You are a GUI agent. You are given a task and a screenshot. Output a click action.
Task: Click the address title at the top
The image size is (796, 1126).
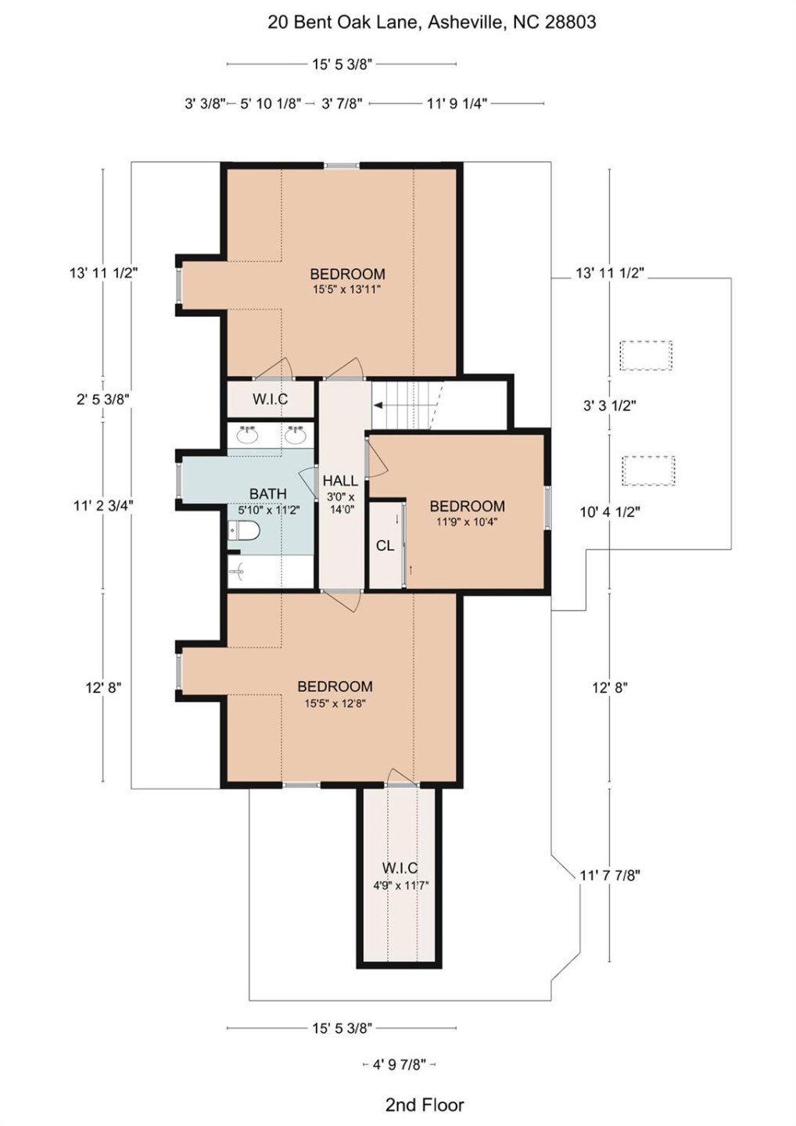pos(432,22)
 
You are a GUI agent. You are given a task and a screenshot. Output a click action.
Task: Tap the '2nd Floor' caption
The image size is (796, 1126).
pos(425,1105)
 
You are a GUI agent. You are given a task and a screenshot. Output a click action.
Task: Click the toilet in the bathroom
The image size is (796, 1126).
pos(245,532)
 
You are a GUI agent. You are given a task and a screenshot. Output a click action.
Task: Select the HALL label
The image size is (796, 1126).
pos(340,481)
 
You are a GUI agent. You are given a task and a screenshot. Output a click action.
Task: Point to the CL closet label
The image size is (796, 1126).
pos(385,546)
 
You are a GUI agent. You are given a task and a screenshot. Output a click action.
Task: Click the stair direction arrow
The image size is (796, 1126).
pos(378,405)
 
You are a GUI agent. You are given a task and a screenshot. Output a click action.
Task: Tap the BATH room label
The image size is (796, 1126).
pos(267,493)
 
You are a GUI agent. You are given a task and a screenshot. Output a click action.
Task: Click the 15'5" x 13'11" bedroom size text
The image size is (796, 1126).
pos(346,289)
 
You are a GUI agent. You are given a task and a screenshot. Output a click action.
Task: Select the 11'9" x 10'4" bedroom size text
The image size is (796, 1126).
pos(467,522)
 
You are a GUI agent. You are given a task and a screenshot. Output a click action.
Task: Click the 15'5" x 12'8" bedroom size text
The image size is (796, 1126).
pos(335,703)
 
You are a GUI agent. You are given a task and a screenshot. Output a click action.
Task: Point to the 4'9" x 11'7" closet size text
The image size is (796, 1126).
pos(400,886)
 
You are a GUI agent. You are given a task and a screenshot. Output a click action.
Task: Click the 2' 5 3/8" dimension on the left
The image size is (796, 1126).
pos(103,399)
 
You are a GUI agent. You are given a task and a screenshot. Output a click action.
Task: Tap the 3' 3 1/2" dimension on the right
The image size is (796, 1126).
pos(609,405)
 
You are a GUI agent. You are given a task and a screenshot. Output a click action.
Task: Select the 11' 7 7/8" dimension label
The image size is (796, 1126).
pos(609,875)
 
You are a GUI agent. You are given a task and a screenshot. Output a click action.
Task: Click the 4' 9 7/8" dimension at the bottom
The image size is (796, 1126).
pos(399,1064)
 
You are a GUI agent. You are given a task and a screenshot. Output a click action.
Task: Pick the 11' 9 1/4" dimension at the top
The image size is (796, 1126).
pos(457,103)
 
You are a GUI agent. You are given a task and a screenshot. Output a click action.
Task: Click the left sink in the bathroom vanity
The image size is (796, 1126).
pos(248,435)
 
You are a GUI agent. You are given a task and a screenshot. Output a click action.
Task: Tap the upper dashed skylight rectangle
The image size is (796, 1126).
pos(646,356)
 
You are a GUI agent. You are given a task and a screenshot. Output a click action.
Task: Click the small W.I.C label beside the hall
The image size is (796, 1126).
pos(270,399)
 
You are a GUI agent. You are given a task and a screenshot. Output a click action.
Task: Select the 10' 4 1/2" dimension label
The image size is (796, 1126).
pos(609,512)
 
